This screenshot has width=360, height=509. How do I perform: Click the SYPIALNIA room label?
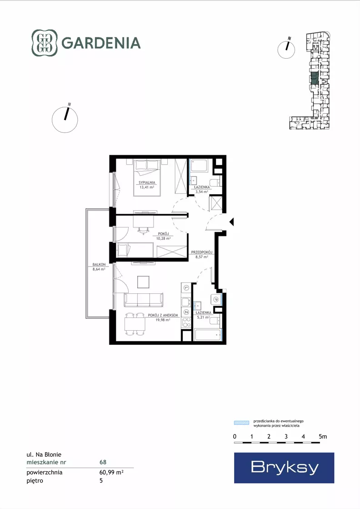147,182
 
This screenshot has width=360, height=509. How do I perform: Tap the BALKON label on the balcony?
99,265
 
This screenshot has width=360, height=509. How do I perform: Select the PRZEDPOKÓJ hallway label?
202,252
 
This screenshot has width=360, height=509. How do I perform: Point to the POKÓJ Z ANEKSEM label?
163,315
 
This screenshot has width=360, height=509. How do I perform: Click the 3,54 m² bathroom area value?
201,192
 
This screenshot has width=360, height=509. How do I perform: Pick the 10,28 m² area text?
164,238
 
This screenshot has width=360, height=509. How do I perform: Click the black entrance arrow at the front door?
231,222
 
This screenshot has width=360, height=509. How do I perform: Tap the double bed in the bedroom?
147,177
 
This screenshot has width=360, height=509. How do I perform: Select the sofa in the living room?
143,300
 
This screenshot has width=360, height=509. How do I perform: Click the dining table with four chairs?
135,324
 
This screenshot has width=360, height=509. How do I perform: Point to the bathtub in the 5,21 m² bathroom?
208,334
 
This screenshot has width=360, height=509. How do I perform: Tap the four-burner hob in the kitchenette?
186,323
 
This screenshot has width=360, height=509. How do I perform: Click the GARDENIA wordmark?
101,43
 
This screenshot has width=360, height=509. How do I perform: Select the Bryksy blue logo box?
284,468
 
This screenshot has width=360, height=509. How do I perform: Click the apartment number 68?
103,462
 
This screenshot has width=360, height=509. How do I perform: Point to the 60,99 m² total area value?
111,472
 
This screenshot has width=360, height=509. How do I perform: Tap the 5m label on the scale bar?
323,437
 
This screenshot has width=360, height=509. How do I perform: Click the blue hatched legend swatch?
242,423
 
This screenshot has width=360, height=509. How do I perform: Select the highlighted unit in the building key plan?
314,79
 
